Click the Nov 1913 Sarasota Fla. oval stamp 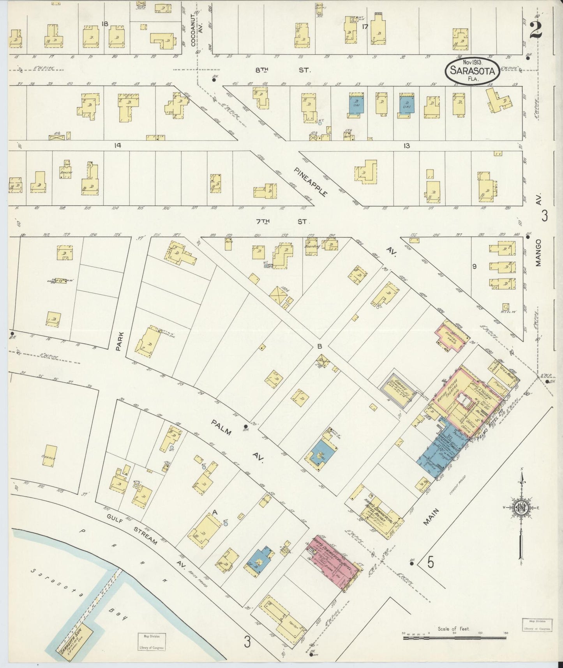[x=472, y=71]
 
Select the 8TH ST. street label [x=282, y=70]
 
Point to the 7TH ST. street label [x=281, y=221]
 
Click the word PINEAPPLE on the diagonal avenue [x=311, y=182]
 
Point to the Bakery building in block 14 [x=65, y=171]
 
